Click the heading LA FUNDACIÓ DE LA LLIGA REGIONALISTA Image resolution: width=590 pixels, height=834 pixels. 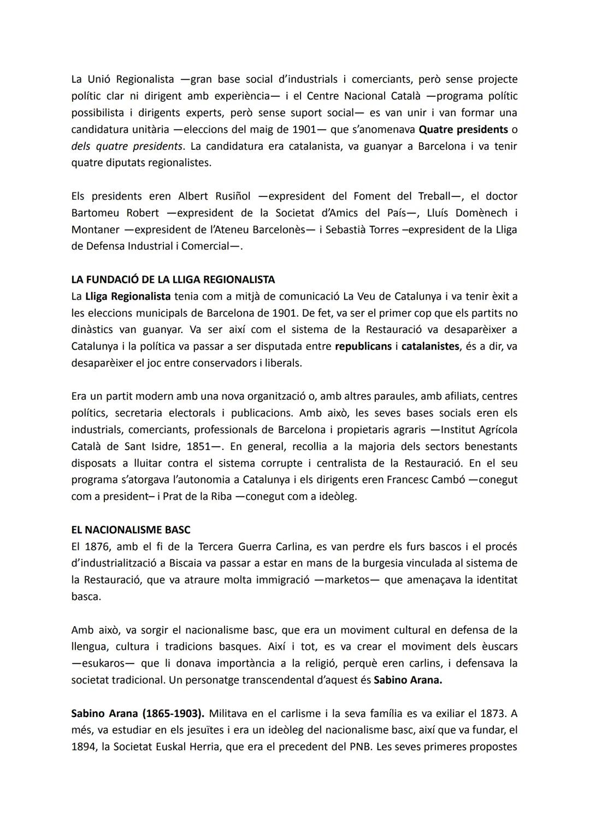[173, 279]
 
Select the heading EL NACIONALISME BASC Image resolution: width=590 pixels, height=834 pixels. [131, 529]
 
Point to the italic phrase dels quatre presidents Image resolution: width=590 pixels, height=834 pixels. [127, 146]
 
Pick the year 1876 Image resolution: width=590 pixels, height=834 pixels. [98, 546]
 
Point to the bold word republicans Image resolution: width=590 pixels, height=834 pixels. [363, 346]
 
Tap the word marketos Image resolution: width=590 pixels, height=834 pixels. [347, 580]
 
